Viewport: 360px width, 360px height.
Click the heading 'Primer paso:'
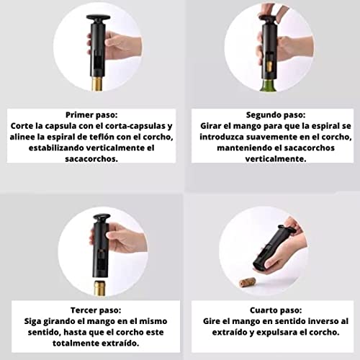point(91,115)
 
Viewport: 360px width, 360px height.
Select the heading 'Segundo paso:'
point(276,115)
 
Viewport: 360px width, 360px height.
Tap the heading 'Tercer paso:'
point(96,310)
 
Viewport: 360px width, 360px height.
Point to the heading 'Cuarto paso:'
point(276,310)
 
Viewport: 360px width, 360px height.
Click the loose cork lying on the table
point(248,282)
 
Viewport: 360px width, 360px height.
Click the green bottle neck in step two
point(270,86)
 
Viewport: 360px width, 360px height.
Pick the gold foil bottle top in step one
point(97,84)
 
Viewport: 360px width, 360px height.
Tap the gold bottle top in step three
point(100,288)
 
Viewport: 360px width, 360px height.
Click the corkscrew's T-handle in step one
point(98,17)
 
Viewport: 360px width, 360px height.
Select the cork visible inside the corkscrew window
point(269,66)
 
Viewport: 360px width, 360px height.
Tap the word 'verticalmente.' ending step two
point(276,158)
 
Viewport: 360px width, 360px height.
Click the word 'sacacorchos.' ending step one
point(91,158)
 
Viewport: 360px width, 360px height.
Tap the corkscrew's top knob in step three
point(102,217)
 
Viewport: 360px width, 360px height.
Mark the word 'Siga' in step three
point(32,321)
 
